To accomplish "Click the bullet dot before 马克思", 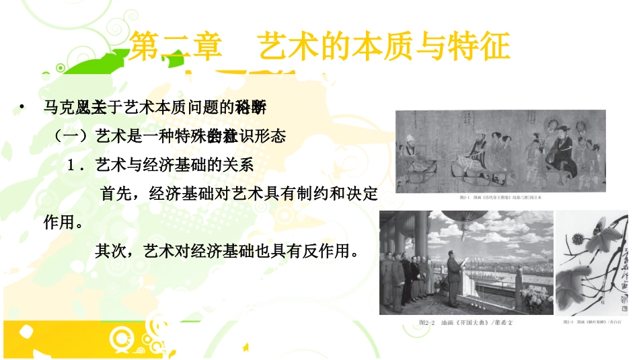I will pyautogui.click(x=23, y=106).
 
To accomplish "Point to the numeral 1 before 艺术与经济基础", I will pyautogui.click(x=71, y=166).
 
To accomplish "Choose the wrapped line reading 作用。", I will pyautogui.click(x=63, y=223).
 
